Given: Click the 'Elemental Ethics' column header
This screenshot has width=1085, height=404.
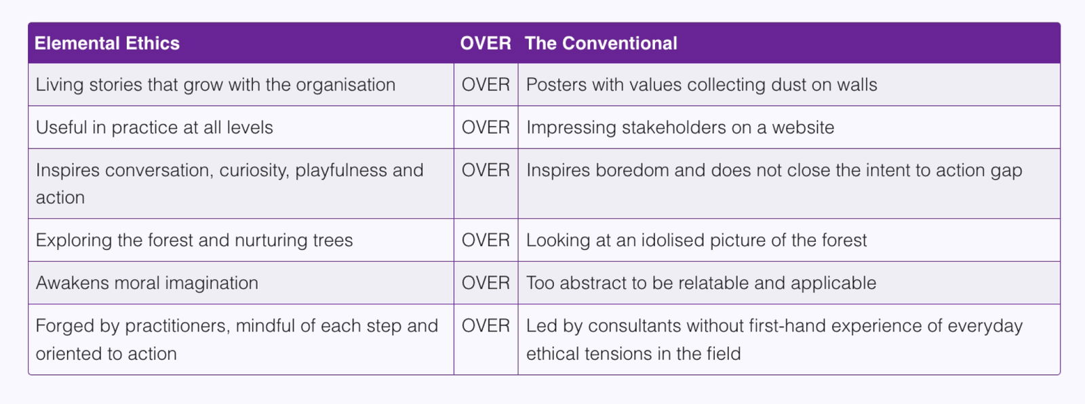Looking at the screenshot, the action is coord(107,43).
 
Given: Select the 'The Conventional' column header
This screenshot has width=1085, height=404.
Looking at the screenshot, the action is coord(601,43).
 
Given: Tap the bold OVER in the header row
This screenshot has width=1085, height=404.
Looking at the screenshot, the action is coord(486,43).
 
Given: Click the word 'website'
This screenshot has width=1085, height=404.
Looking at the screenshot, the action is coord(803,127).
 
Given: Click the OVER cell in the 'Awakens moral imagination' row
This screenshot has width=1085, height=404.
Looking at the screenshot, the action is coord(486,283).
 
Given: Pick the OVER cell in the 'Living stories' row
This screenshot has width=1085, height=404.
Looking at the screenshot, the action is coord(486,85).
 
